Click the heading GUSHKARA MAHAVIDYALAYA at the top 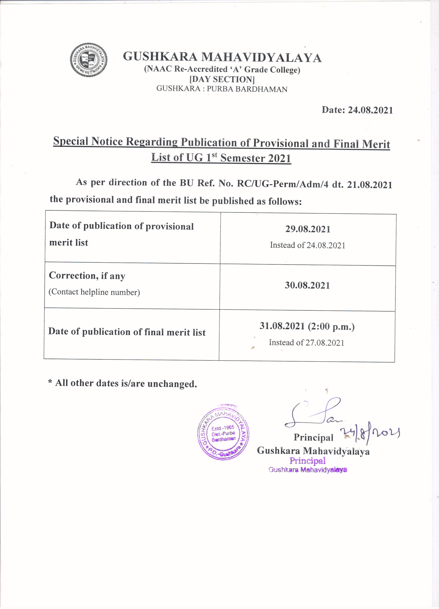(x=222, y=57)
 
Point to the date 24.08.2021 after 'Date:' (x=370, y=110)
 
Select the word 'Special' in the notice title (x=71, y=141)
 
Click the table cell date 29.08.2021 (x=308, y=229)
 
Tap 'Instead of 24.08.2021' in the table (x=307, y=245)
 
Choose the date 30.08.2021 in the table (x=307, y=285)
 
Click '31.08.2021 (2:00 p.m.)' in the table (x=307, y=326)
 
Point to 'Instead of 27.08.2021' (x=306, y=343)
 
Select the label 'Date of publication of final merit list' (x=127, y=332)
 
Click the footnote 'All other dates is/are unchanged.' (x=126, y=383)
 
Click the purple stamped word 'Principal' (x=307, y=461)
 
